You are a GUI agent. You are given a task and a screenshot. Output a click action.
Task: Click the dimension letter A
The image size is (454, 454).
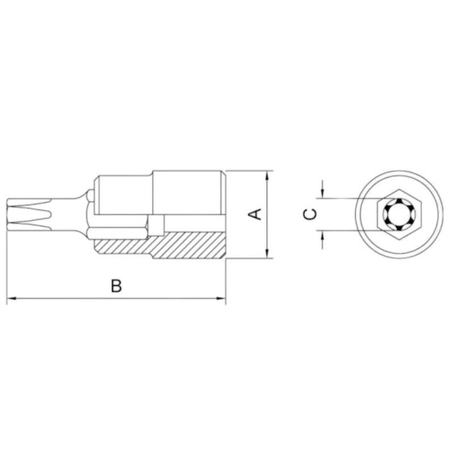pyautogui.click(x=256, y=215)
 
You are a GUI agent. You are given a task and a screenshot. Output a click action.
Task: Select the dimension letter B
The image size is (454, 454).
pyautogui.click(x=116, y=286)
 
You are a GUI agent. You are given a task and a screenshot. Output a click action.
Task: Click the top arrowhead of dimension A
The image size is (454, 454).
pyautogui.click(x=267, y=175)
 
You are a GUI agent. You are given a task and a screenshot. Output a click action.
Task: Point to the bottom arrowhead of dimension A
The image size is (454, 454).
pyautogui.click(x=267, y=254)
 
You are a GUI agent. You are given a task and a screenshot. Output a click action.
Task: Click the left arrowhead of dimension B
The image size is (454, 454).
pyautogui.click(x=11, y=298)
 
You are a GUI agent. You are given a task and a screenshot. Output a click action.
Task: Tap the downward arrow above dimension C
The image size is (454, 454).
pyautogui.click(x=322, y=193)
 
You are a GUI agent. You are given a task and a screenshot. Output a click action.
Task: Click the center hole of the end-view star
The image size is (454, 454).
pyautogui.click(x=399, y=215)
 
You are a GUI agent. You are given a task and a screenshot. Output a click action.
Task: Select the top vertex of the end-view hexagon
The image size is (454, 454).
pyautogui.click(x=399, y=189)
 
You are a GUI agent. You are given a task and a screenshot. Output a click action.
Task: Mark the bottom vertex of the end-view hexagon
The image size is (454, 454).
pyautogui.click(x=399, y=240)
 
